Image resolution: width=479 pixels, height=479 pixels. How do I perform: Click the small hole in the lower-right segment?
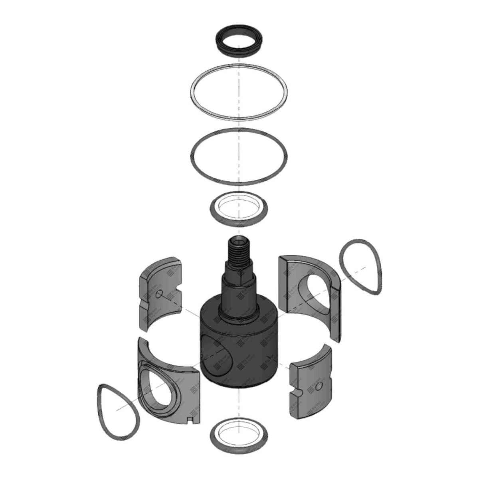click(x=318, y=387)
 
